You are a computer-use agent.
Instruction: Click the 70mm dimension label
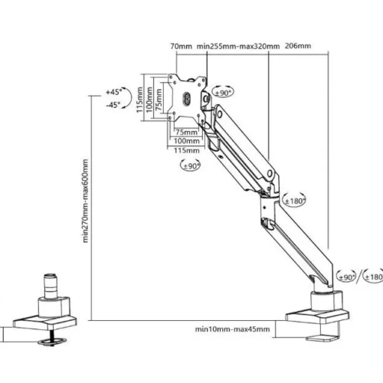(x=182, y=46)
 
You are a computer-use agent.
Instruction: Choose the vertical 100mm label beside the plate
(x=150, y=100)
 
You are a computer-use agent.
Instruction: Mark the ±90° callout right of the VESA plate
(x=223, y=93)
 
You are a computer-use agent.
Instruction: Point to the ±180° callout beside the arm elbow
(x=294, y=201)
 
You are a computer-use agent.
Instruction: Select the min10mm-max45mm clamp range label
(x=231, y=329)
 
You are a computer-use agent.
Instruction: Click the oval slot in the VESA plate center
(x=187, y=98)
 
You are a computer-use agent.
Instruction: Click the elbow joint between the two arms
(x=267, y=191)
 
